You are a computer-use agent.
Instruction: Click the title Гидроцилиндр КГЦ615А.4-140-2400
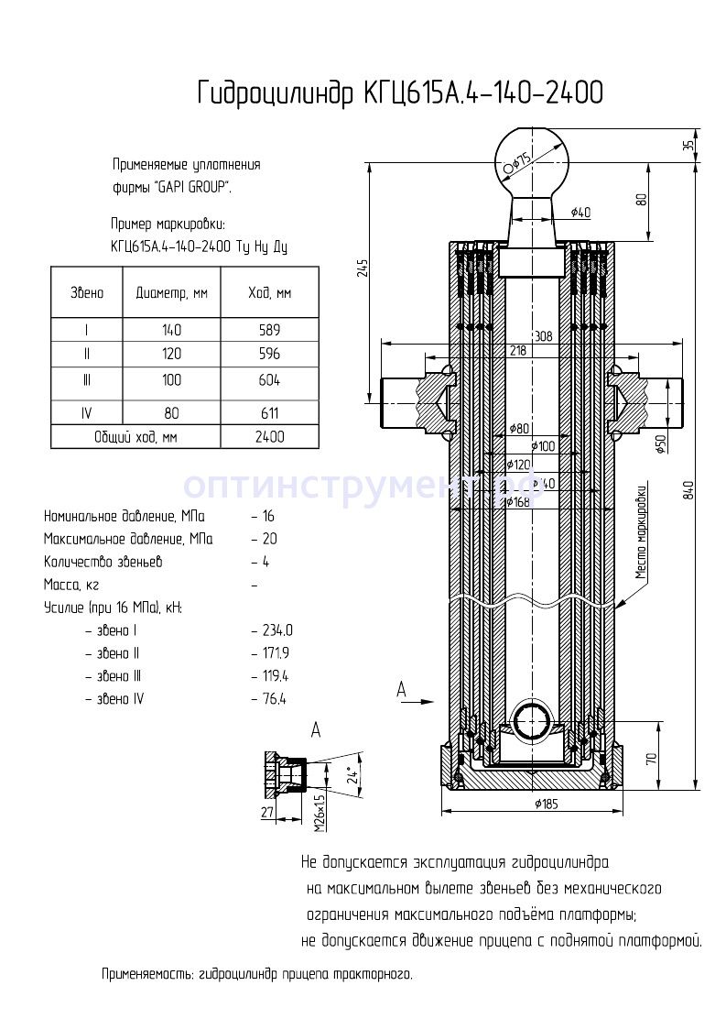(x=400, y=93)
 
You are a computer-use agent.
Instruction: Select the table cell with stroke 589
(x=269, y=331)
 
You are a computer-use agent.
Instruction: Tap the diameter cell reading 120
(x=171, y=354)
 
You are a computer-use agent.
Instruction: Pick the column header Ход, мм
(x=269, y=293)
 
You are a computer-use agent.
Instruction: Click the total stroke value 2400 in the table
(x=269, y=437)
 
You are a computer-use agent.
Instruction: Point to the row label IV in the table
(x=86, y=413)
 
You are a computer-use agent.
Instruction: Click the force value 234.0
(x=276, y=630)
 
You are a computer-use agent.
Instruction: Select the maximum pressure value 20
(x=268, y=539)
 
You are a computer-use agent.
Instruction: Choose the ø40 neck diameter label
(x=580, y=213)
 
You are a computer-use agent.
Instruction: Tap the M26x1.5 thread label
(x=320, y=812)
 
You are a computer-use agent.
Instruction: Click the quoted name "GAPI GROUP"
(x=192, y=187)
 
